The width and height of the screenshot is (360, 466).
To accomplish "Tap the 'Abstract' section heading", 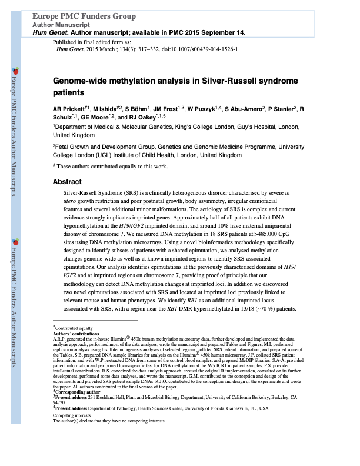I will click(67, 182).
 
